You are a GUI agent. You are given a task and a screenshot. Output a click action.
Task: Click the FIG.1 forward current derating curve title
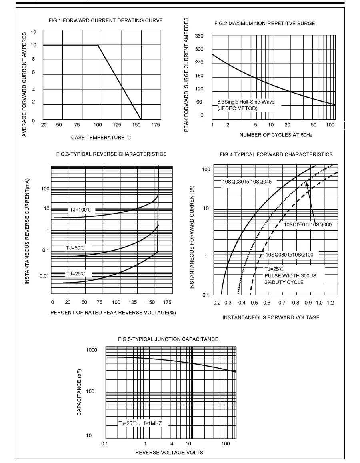[106, 20]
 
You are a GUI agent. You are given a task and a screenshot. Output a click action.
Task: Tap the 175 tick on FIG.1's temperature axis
[156, 125]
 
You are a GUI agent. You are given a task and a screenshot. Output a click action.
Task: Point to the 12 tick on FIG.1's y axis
[33, 32]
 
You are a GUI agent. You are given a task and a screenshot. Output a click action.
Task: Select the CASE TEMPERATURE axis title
[101, 138]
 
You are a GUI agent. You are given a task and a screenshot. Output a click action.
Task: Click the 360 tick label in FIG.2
[199, 36]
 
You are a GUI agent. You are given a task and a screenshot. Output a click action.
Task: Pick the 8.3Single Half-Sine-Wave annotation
[246, 102]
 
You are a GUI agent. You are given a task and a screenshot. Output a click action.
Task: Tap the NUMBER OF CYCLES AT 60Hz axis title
[276, 135]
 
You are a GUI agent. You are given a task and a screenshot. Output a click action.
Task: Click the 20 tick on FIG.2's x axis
[287, 125]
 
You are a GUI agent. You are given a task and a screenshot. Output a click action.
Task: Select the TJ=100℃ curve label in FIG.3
[80, 210]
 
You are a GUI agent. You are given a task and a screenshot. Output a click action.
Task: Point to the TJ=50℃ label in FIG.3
[75, 248]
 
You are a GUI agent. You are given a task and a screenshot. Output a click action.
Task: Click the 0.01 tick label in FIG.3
[44, 276]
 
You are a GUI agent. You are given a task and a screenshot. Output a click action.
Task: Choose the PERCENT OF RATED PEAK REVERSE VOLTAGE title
[113, 313]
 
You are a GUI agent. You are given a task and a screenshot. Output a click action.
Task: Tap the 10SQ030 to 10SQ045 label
[247, 182]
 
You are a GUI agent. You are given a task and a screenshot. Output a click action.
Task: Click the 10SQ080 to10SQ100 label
[290, 255]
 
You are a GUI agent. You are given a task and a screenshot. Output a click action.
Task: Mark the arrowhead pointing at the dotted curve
[307, 184]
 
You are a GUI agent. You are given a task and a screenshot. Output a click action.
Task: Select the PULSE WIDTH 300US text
[290, 275]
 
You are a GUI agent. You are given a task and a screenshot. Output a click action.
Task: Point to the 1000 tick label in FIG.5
[92, 350]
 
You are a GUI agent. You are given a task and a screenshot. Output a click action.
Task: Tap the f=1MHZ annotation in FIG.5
[152, 423]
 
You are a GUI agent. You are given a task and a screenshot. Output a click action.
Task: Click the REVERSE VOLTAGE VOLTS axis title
[169, 452]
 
